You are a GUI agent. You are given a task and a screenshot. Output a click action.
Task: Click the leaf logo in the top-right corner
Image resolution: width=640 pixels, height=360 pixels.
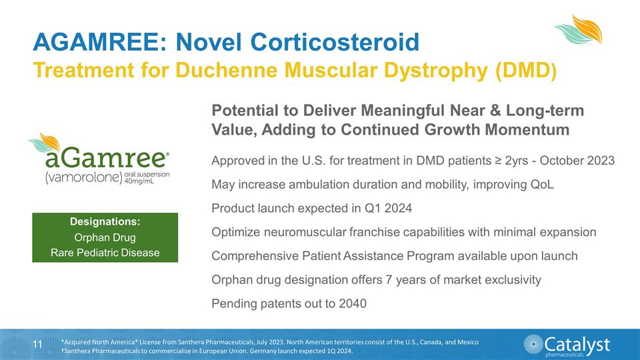click(578, 31)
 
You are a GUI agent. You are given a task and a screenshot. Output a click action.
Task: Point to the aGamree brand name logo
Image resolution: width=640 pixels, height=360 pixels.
click(106, 159)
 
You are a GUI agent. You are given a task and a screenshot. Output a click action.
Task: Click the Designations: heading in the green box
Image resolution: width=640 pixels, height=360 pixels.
click(105, 222)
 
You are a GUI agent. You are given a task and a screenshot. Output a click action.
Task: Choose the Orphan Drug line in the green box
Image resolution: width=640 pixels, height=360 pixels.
click(105, 237)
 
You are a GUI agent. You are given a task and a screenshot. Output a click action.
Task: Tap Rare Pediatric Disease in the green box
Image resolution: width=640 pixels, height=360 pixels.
click(105, 253)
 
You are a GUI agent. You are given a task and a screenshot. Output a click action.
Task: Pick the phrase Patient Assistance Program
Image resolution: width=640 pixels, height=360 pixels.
click(389, 256)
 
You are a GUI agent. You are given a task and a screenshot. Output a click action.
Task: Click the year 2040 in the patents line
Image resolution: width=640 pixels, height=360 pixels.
click(353, 304)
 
